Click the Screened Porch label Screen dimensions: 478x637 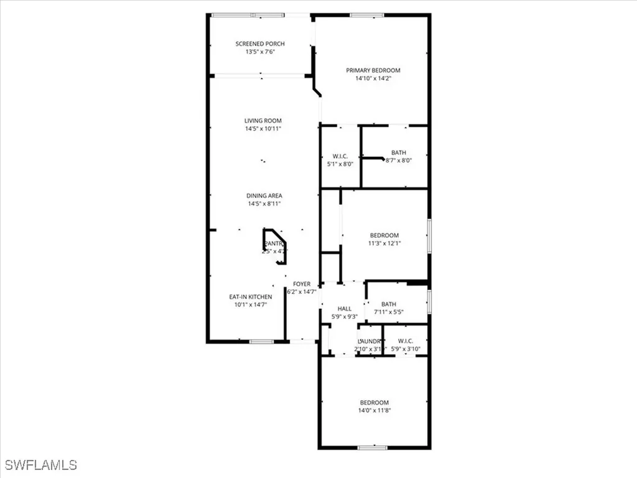point(260,44)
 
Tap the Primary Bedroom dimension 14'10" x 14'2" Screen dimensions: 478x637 point(373,78)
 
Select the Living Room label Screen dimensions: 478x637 point(263,121)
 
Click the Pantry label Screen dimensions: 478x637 point(274,243)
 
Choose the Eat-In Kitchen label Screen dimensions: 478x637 point(251,297)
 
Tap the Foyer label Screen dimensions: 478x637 point(302,284)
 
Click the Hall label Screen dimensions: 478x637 point(344,308)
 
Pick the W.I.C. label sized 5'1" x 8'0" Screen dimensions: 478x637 point(340,156)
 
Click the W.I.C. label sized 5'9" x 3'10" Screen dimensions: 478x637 point(406,341)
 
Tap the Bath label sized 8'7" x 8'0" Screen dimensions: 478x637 point(399,152)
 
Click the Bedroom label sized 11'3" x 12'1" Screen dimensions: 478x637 point(384,235)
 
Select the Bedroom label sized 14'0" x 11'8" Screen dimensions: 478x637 point(374,402)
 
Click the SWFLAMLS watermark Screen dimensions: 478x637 point(40,464)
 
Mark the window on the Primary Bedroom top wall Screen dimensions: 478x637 point(366,15)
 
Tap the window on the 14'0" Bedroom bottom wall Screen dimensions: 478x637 point(372,447)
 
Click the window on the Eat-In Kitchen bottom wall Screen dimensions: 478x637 point(261,342)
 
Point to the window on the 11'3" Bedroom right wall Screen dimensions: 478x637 point(429,235)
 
